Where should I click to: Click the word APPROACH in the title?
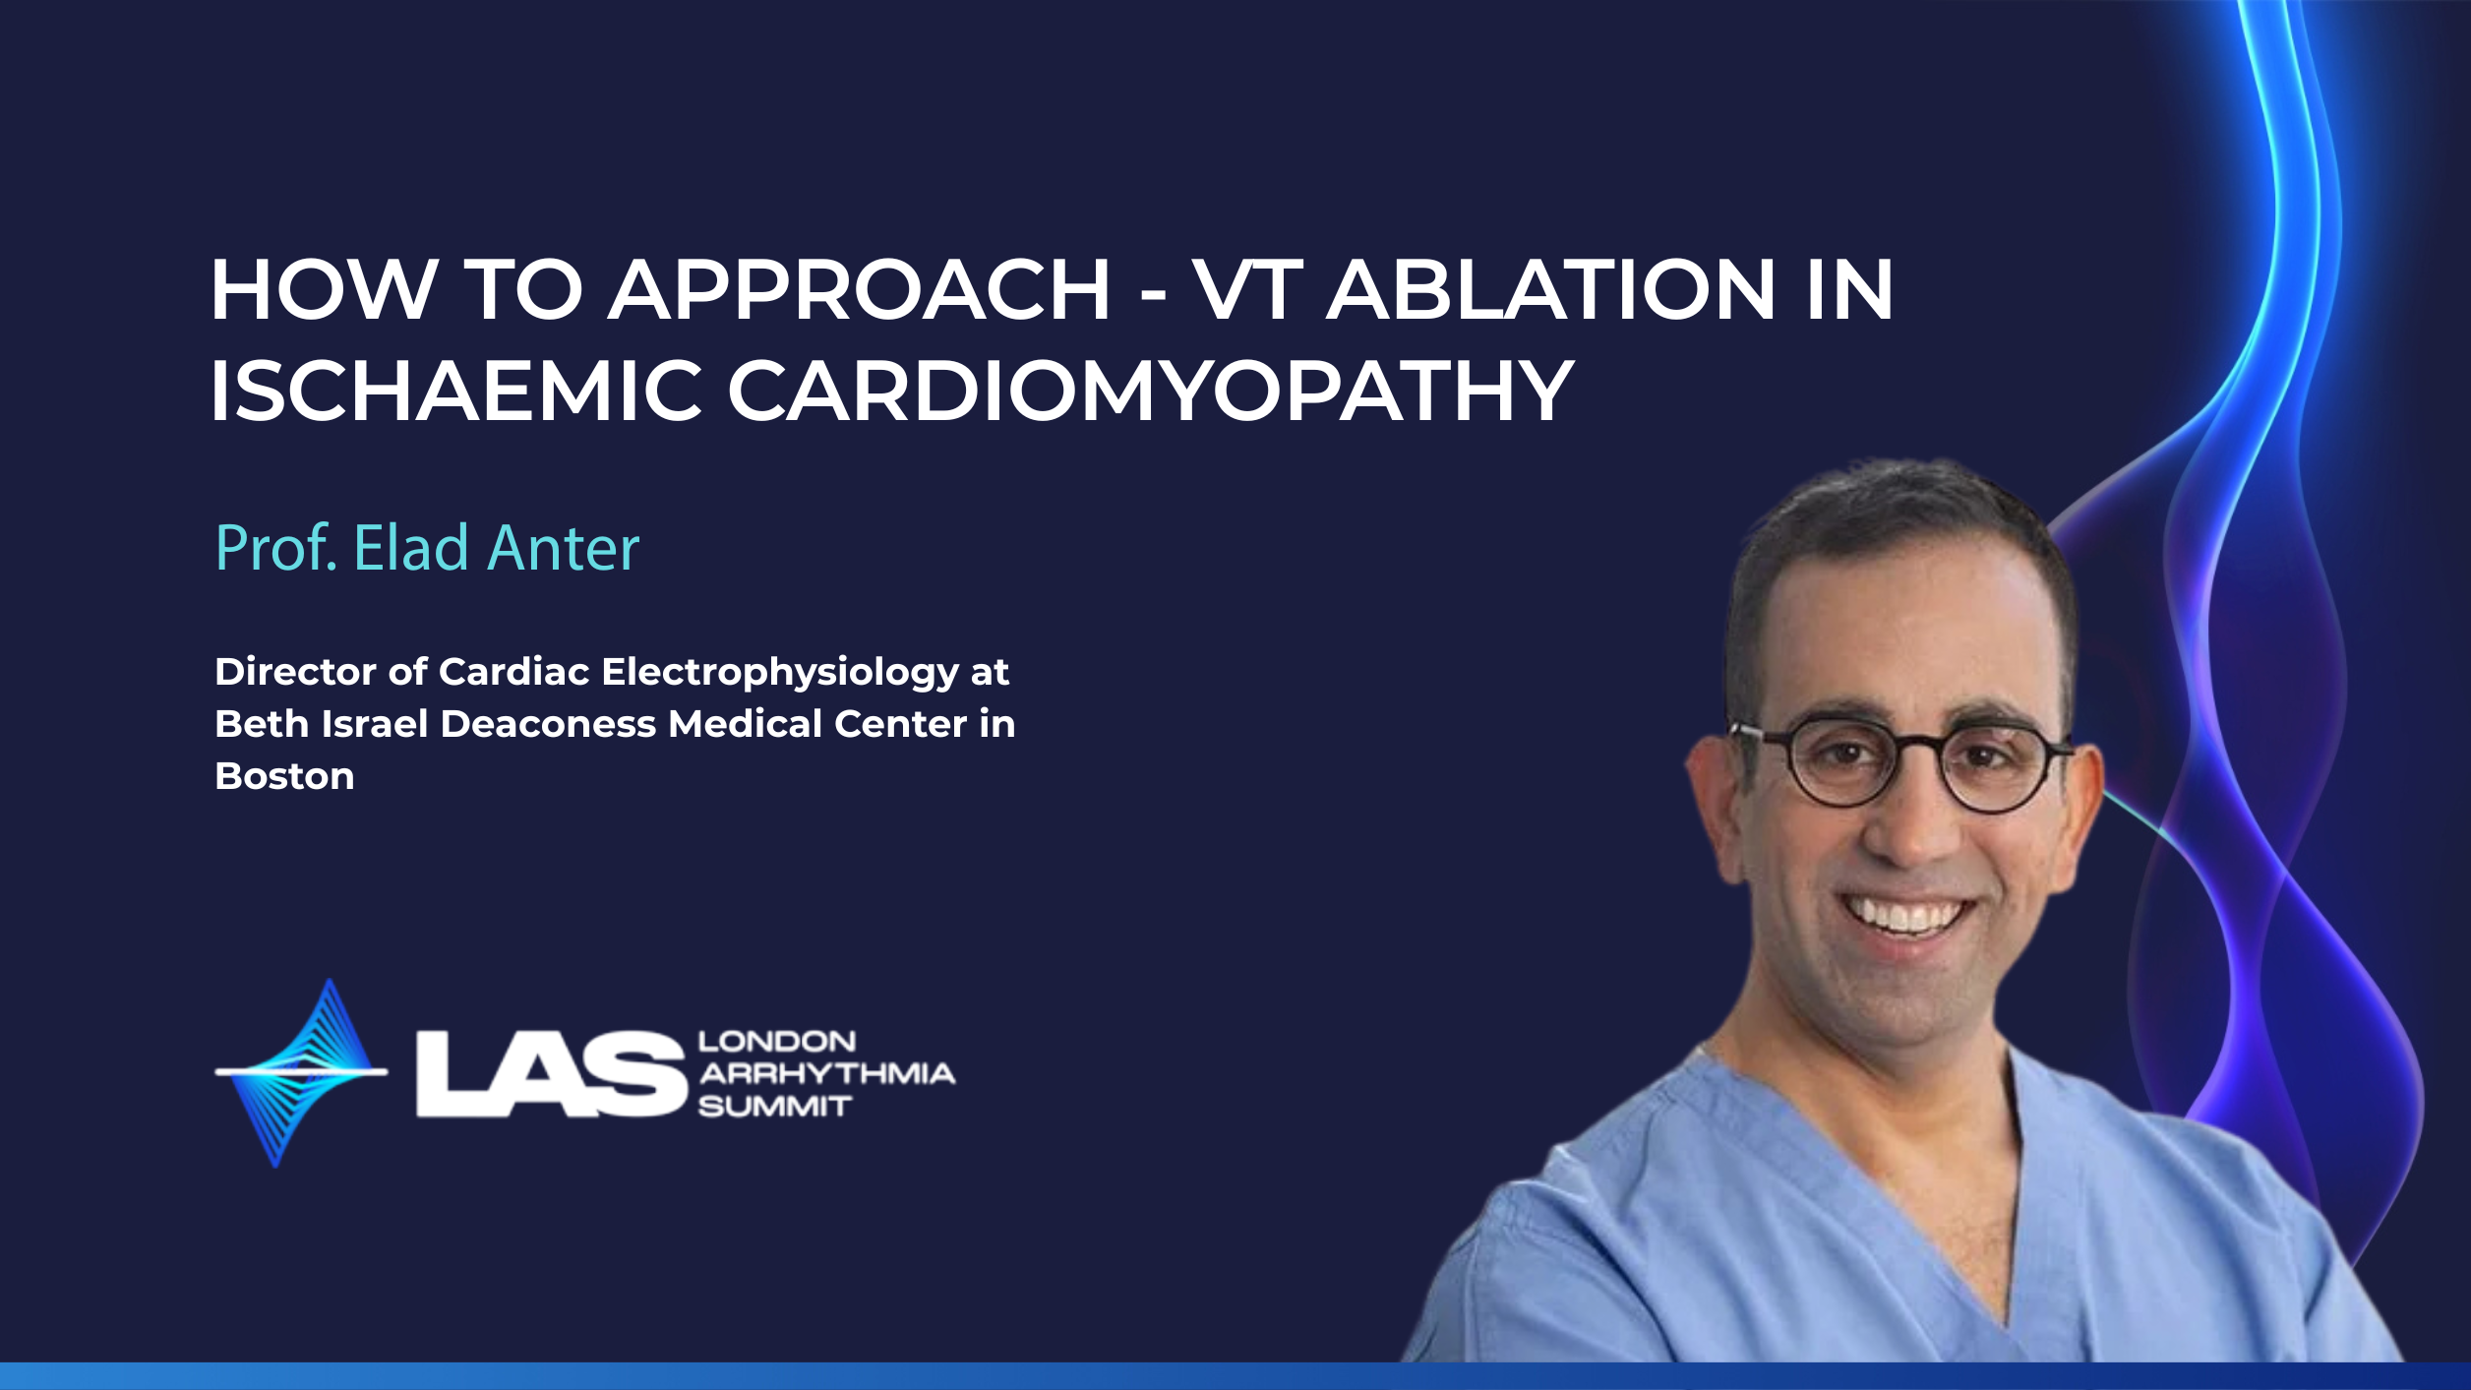click(x=859, y=289)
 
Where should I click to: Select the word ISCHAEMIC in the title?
click(x=456, y=391)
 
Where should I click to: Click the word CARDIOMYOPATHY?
click(x=1151, y=391)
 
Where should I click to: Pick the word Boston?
click(x=284, y=776)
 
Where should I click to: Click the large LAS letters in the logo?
click(x=550, y=1074)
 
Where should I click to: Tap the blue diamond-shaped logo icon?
click(x=300, y=1072)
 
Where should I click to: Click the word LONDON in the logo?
click(x=777, y=1042)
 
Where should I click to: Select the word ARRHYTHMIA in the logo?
click(x=826, y=1073)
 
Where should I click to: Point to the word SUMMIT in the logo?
click(x=774, y=1107)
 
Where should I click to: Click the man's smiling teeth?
click(x=1907, y=913)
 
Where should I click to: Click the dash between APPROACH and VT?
click(x=1152, y=294)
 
